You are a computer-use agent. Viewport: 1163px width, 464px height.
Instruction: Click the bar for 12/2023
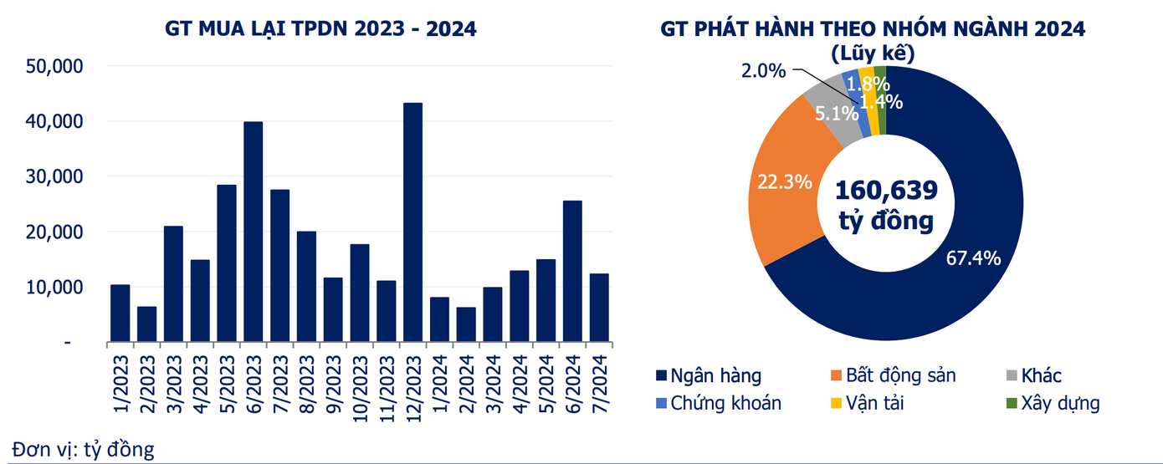(x=412, y=222)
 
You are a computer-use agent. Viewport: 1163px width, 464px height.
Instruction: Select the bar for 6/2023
(x=253, y=232)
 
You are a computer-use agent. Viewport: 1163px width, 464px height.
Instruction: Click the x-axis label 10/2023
(x=360, y=385)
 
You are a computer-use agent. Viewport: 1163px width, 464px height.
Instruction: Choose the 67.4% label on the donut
(x=974, y=258)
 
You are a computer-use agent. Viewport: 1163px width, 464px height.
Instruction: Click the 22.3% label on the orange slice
(x=784, y=181)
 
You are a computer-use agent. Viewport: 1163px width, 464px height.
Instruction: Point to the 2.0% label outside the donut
(x=763, y=71)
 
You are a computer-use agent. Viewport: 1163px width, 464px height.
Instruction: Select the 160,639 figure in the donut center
(x=886, y=190)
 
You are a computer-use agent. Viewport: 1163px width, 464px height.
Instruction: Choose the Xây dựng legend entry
(x=1057, y=403)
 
